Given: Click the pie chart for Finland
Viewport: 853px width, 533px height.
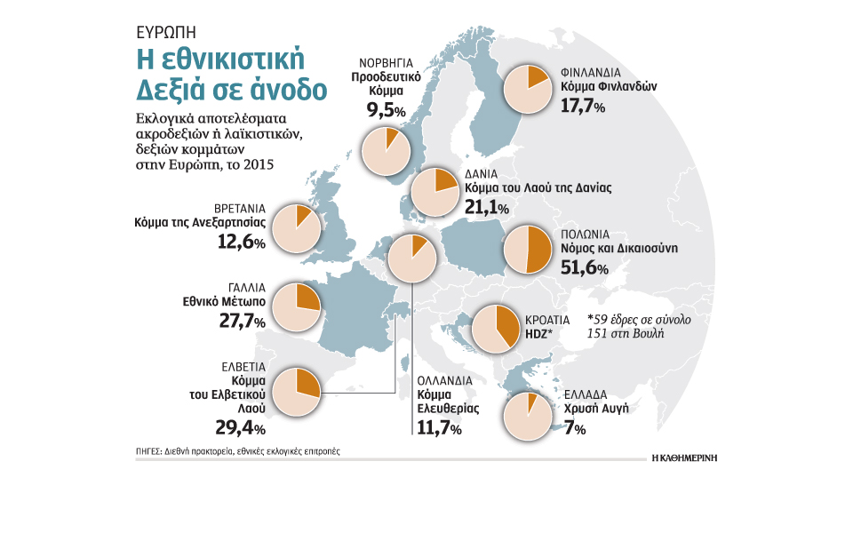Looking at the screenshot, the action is [x=528, y=89].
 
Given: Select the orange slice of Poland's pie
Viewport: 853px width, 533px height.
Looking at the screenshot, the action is [x=539, y=250].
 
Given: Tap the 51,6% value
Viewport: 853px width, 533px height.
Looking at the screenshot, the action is [x=585, y=267].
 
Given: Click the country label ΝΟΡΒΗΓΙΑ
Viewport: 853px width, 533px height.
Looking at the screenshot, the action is [x=386, y=63].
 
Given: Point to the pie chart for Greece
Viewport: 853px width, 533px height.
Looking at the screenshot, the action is [x=528, y=417].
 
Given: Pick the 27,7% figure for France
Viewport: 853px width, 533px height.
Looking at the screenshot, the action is [x=242, y=321].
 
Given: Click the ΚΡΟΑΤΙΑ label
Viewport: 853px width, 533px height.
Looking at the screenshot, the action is [x=547, y=321].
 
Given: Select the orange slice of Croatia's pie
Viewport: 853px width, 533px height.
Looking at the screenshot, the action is [x=506, y=325].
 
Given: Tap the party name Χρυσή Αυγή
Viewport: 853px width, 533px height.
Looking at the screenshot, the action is [x=596, y=409].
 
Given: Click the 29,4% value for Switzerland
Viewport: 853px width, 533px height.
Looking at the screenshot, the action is [x=241, y=428].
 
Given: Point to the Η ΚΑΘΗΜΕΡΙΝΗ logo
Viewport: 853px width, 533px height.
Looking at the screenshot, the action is [x=684, y=458].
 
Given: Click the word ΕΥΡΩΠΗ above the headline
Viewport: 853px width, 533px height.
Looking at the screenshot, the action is [x=166, y=33].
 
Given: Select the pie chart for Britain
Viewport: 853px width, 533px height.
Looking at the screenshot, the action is [x=297, y=228].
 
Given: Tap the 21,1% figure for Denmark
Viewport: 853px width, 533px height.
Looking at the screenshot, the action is [x=487, y=207].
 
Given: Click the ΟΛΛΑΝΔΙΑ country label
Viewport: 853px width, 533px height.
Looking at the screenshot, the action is [x=445, y=381].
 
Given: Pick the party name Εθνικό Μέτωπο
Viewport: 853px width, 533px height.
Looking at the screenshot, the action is [x=224, y=301].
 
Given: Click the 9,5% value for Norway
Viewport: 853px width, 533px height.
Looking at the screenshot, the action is [x=387, y=110].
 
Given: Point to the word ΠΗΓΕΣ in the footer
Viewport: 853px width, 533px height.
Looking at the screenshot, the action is [x=148, y=451].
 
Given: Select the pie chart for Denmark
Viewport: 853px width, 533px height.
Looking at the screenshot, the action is [x=435, y=192].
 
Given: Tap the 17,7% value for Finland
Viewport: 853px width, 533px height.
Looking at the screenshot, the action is [x=583, y=106].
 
